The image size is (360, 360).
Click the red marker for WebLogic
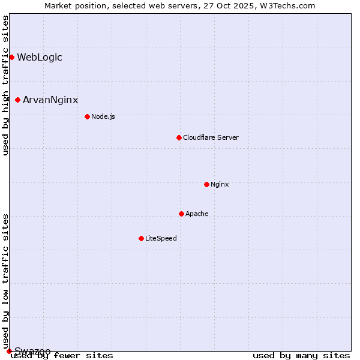tap(11, 58)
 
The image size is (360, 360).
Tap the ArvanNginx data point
tap(18, 100)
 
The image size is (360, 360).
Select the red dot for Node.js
tap(87, 116)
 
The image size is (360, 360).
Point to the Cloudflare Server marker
tap(179, 138)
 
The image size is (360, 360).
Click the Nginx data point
tap(206, 184)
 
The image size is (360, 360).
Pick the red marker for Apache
tap(181, 214)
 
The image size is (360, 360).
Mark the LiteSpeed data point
tap(141, 238)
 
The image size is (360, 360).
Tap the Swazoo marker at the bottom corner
tap(9, 351)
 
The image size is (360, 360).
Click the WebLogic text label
tap(40, 58)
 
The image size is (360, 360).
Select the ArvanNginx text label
tap(50, 100)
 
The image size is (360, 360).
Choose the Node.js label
tap(103, 116)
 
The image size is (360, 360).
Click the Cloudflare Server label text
tap(211, 138)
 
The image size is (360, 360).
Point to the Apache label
tap(197, 214)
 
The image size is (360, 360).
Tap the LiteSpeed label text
tap(161, 238)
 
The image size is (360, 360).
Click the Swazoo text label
tap(32, 351)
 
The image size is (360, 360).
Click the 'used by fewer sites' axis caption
tap(62, 356)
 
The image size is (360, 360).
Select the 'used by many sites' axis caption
tap(301, 356)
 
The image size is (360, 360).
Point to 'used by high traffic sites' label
tap(6, 86)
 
